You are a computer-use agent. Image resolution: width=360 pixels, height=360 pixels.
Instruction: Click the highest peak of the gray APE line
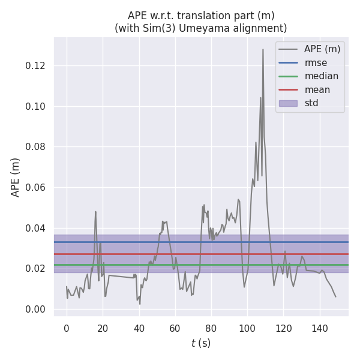[x=263, y=50]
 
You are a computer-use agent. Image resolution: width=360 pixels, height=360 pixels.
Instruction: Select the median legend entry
[x=321, y=76]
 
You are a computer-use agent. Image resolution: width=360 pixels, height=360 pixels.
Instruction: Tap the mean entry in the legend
[x=317, y=90]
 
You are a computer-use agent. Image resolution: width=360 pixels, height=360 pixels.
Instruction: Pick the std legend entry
[x=311, y=103]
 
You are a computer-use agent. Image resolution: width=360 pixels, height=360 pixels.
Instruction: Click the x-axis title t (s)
[x=201, y=343]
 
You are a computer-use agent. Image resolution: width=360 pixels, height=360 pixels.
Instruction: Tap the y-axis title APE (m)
[x=16, y=177]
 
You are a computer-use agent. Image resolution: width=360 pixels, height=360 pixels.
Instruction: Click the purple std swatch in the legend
[x=288, y=103]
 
